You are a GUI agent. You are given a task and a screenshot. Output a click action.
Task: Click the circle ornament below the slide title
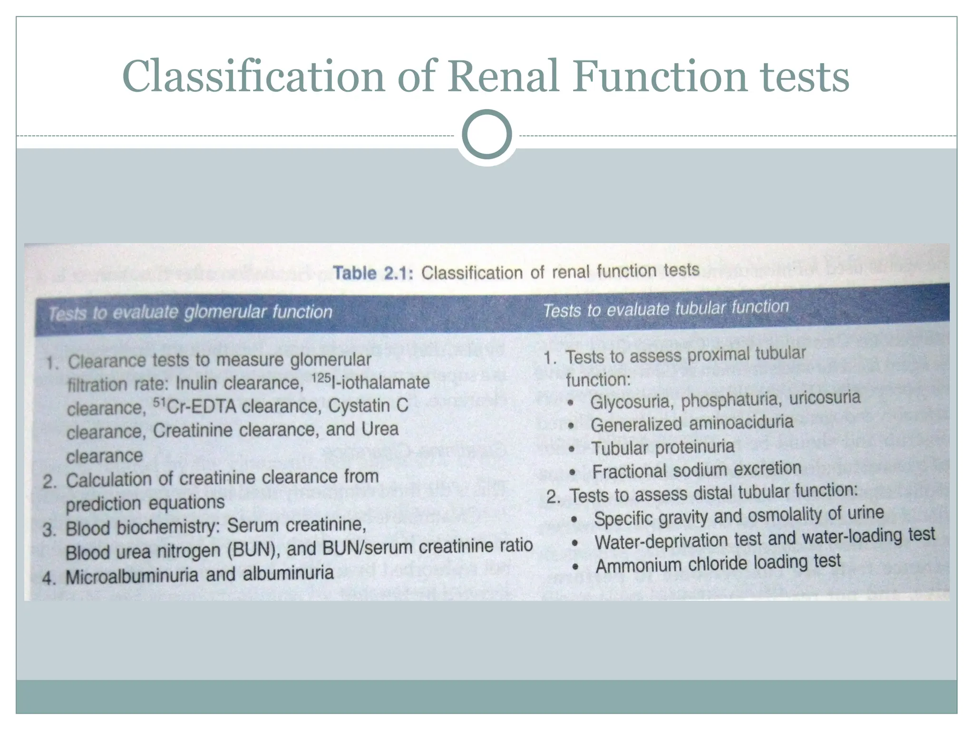point(487,134)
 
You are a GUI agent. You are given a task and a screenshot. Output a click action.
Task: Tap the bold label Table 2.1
point(373,273)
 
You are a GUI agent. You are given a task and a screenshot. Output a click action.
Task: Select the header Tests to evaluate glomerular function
point(190,312)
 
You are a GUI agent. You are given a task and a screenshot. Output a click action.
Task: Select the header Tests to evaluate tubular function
point(666,309)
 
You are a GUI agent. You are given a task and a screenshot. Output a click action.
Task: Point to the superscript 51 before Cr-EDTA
point(159,403)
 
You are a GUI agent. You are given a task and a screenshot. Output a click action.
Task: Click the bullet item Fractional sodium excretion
point(697,470)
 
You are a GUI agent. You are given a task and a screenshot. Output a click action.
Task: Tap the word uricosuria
point(825,397)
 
